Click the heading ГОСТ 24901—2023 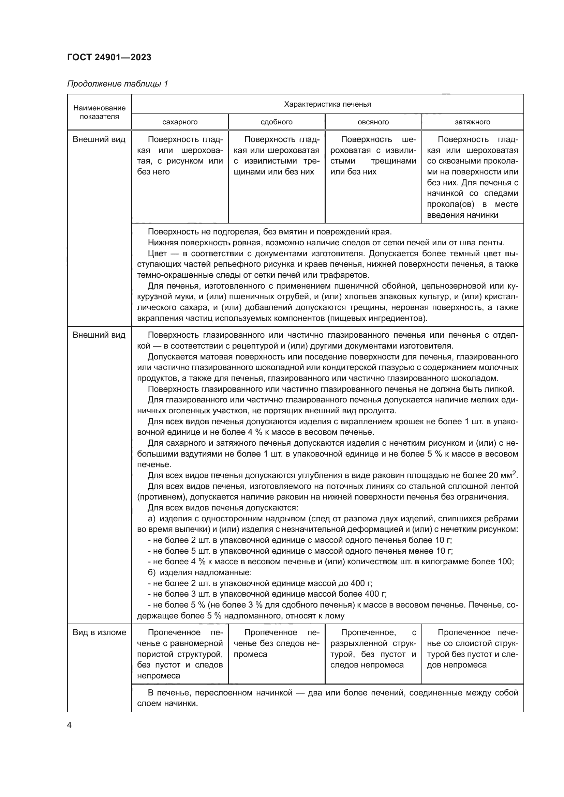tap(109, 57)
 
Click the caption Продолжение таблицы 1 tap(117, 84)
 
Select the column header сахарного tap(180, 122)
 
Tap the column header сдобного tap(277, 122)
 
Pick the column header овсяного tap(373, 122)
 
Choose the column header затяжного tap(472, 122)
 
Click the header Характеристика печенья tap(327, 104)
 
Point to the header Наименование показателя tap(99, 112)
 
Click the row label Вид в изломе tap(99, 632)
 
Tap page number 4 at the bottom tap(69, 725)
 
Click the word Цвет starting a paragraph tap(157, 254)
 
